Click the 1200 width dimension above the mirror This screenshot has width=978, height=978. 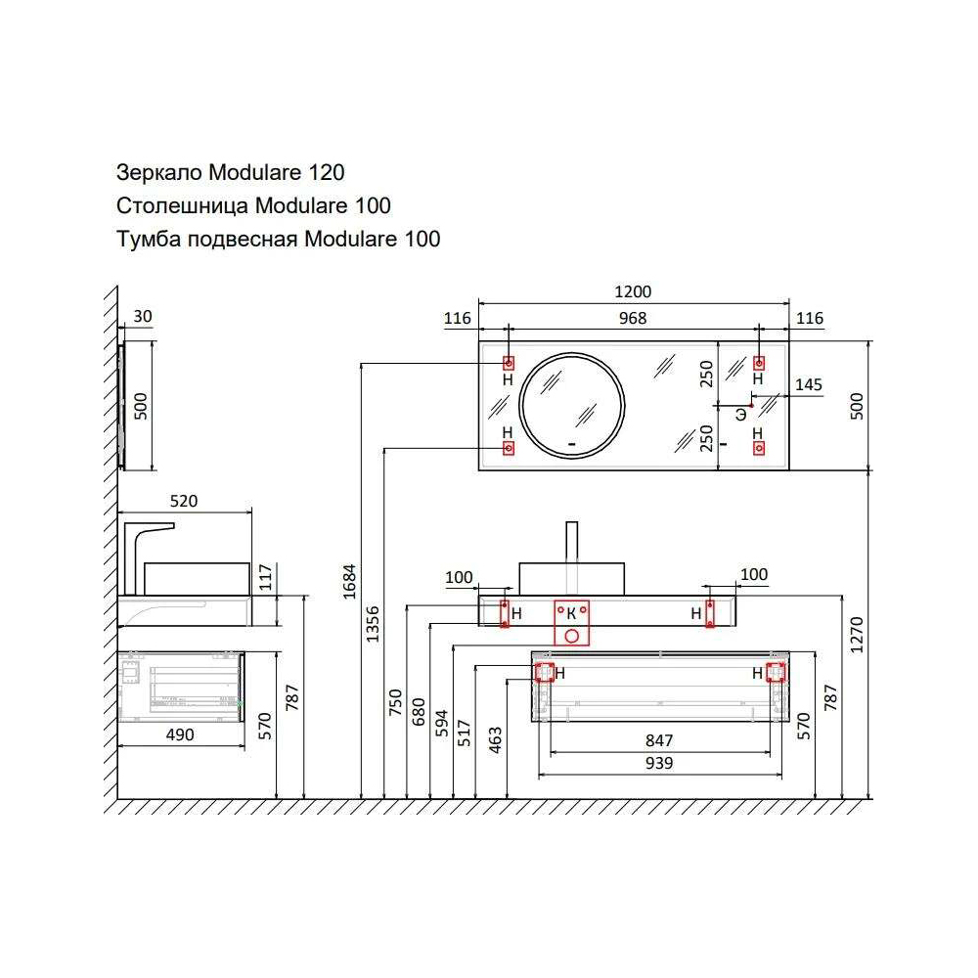pyautogui.click(x=633, y=292)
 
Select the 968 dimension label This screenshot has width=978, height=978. pyautogui.click(x=633, y=318)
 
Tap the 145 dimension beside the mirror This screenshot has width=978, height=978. pyautogui.click(x=808, y=384)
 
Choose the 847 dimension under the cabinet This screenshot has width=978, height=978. pyautogui.click(x=659, y=739)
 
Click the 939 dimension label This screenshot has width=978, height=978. pyautogui.click(x=659, y=764)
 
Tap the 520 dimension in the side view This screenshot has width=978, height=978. pyautogui.click(x=184, y=501)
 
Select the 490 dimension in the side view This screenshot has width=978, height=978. pyautogui.click(x=180, y=733)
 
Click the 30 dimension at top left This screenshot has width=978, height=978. pyautogui.click(x=142, y=317)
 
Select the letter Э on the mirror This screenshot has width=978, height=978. pyautogui.click(x=741, y=414)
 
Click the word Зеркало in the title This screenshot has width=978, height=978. pyautogui.click(x=159, y=173)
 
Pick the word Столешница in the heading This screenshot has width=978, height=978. pyautogui.click(x=182, y=205)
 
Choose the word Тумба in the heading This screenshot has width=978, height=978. pyautogui.click(x=143, y=239)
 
